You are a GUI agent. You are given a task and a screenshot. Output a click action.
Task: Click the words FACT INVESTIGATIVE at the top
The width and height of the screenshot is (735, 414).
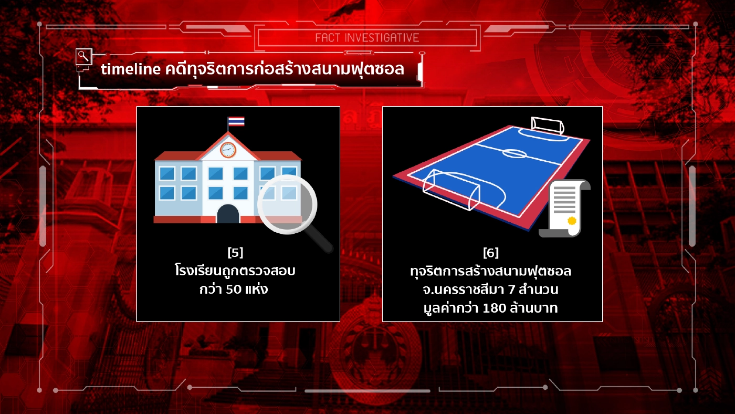tap(367, 38)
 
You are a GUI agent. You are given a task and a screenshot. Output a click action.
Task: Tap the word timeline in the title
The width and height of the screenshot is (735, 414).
tap(130, 69)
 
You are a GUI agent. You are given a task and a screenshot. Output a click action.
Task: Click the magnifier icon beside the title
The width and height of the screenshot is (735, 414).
tap(83, 55)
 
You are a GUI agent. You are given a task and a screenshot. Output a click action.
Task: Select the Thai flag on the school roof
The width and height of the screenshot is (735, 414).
tap(236, 121)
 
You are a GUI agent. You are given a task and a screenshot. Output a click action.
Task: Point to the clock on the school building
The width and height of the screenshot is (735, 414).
tap(228, 150)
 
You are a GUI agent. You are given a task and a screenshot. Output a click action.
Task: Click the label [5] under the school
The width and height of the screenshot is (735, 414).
tap(235, 253)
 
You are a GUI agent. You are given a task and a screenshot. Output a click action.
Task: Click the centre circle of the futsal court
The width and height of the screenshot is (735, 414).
tap(515, 153)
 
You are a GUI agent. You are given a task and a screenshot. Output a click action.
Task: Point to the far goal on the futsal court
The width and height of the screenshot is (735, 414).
tap(548, 125)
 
